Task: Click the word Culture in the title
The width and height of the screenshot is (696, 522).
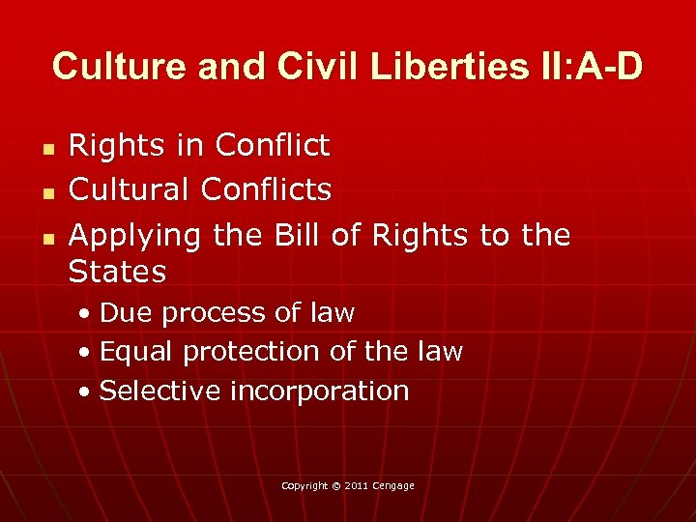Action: pyautogui.click(x=108, y=67)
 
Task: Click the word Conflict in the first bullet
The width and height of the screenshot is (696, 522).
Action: pyautogui.click(x=273, y=146)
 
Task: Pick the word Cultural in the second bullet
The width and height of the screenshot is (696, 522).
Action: pyautogui.click(x=130, y=189)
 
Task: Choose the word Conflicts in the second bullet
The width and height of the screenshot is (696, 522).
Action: pyautogui.click(x=266, y=189)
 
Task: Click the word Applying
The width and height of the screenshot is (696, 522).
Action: pyautogui.click(x=134, y=236)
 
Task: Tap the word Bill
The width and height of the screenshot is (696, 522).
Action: pyautogui.click(x=298, y=234)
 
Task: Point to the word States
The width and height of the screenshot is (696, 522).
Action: pyautogui.click(x=117, y=272)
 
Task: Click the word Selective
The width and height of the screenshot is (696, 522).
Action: pyautogui.click(x=155, y=391)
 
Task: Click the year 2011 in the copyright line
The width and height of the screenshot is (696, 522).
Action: pyautogui.click(x=356, y=485)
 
